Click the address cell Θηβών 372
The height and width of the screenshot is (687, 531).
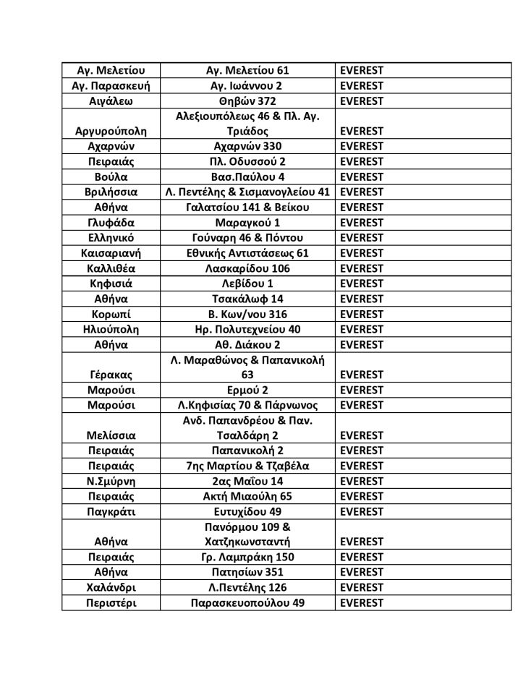(x=247, y=101)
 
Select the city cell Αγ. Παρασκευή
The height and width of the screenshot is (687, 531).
(x=111, y=86)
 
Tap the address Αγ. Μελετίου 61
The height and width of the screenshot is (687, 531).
(x=247, y=71)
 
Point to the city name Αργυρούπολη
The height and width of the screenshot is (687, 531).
(x=111, y=132)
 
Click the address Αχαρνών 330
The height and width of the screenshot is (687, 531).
(x=247, y=147)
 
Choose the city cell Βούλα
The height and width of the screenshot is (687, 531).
(x=111, y=177)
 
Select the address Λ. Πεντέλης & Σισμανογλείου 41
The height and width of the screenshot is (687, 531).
(x=247, y=192)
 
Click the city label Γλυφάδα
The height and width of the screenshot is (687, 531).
(x=111, y=223)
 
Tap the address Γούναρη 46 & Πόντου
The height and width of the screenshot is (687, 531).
(x=247, y=238)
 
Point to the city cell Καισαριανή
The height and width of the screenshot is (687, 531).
(x=111, y=253)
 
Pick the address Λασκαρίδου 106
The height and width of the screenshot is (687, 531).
(x=247, y=268)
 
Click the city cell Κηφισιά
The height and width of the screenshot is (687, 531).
(x=111, y=283)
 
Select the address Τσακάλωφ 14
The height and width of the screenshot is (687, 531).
(x=247, y=299)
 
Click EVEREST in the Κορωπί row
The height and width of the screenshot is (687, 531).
(x=362, y=314)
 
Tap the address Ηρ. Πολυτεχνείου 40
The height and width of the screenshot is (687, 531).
(x=247, y=329)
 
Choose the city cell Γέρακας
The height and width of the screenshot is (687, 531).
(x=111, y=375)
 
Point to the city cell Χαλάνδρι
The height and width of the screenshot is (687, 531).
(x=111, y=587)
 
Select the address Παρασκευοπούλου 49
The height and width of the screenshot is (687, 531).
(x=247, y=602)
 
